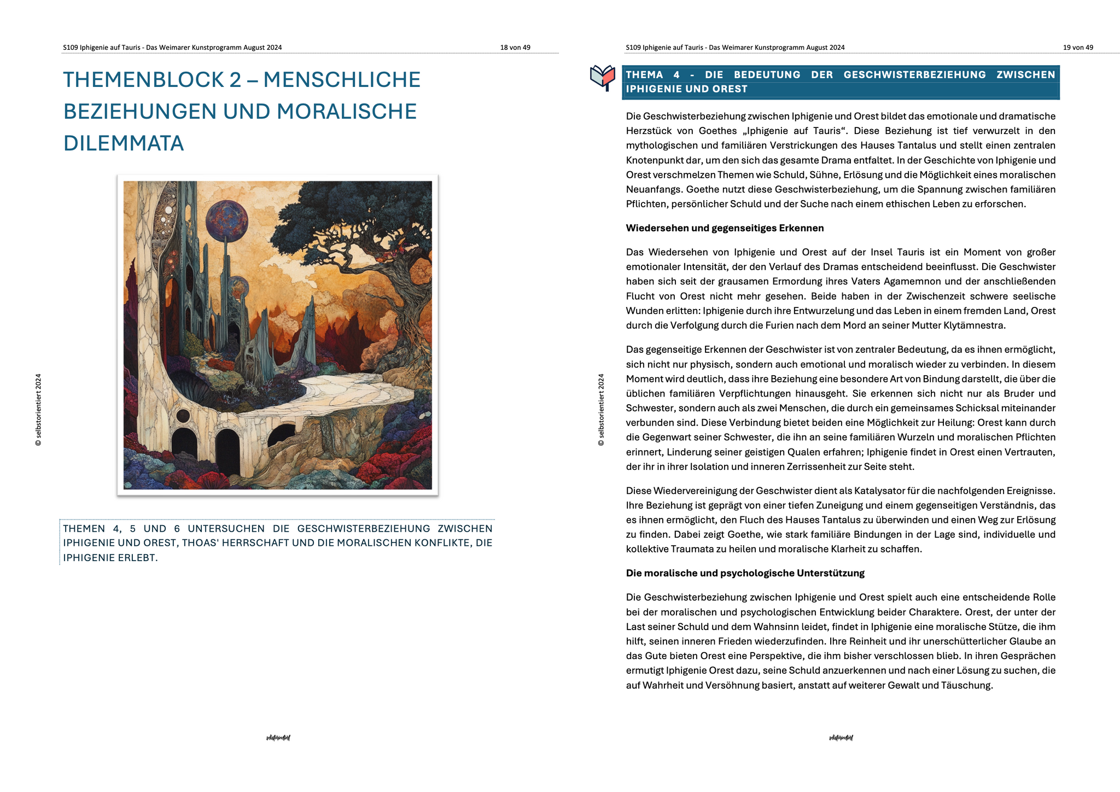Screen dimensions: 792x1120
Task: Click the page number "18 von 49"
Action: [x=515, y=48]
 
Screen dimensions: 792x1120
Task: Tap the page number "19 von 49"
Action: [x=1077, y=48]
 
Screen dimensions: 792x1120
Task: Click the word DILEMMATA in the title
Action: [x=124, y=143]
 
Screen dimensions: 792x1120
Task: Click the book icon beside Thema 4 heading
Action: [x=603, y=78]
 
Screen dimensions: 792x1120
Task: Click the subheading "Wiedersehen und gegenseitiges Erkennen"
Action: [x=725, y=228]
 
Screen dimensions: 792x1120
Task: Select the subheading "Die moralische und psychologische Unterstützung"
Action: [x=745, y=573]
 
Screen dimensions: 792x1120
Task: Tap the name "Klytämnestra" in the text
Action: [x=977, y=325]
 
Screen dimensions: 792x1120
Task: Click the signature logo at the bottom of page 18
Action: [x=278, y=738]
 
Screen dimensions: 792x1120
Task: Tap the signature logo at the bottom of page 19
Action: [x=841, y=738]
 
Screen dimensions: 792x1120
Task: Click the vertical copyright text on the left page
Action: [x=38, y=410]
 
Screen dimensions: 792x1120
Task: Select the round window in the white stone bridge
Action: [x=183, y=416]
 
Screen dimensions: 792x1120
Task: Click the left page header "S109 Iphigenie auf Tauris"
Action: [x=102, y=48]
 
